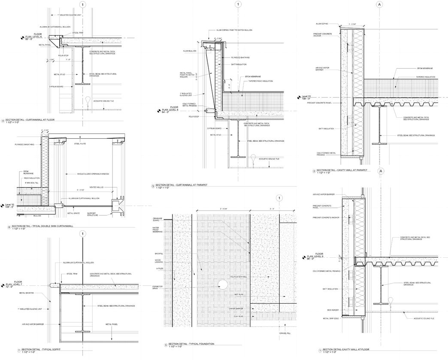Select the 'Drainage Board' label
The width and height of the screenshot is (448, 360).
pyautogui.click(x=157, y=220)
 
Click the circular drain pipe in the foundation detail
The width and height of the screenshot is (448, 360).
pyautogui.click(x=222, y=284)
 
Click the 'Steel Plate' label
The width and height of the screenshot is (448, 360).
pyautogui.click(x=80, y=144)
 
